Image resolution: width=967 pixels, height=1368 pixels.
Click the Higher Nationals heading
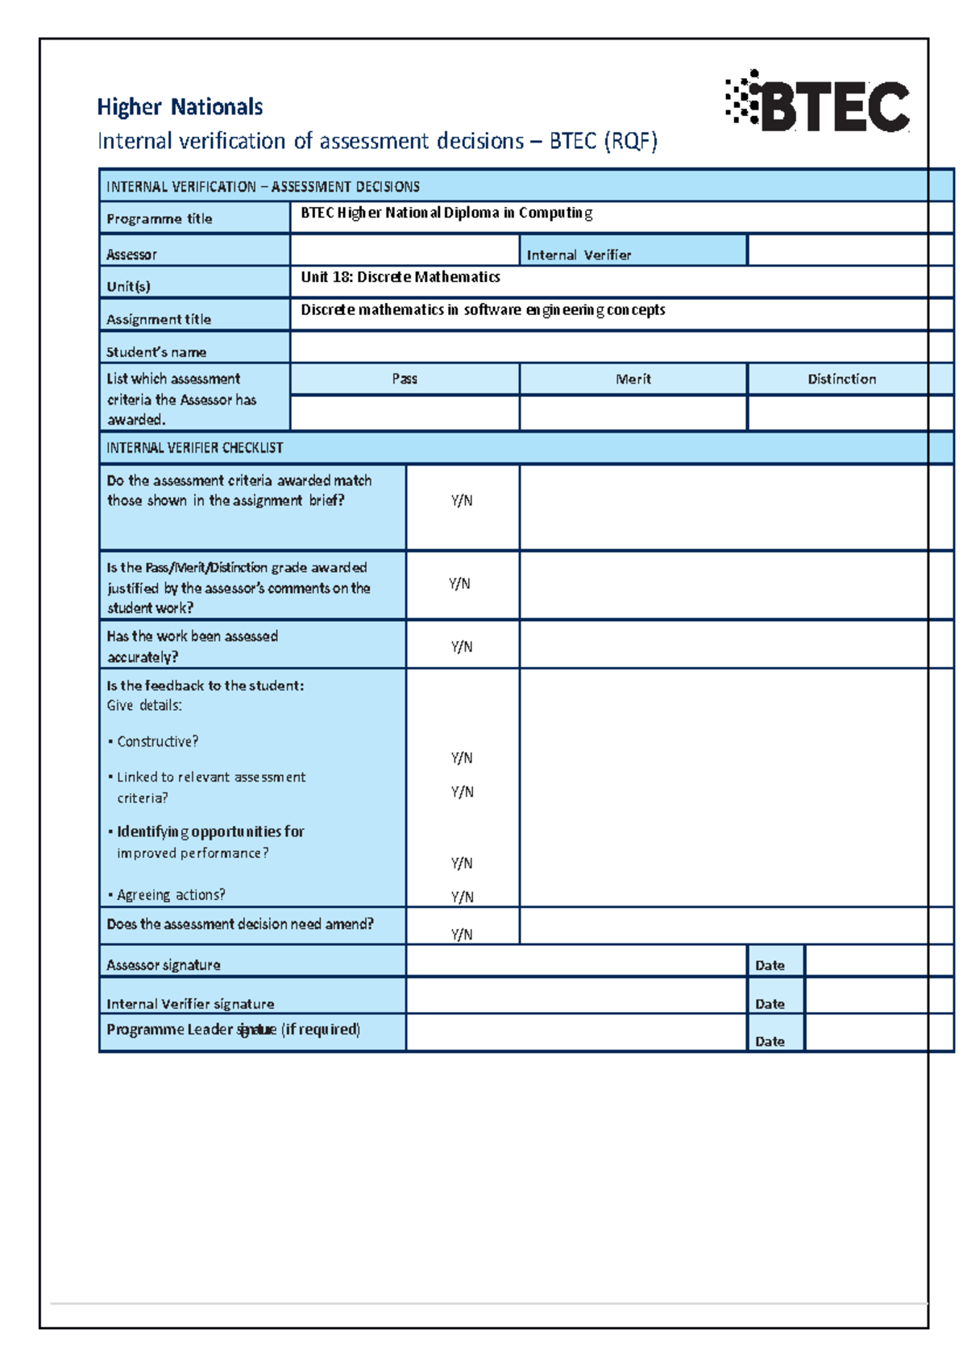[180, 107]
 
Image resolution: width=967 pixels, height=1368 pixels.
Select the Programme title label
[160, 219]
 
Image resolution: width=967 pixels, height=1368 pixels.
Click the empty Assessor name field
[404, 251]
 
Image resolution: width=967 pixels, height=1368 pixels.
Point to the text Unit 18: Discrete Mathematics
[400, 277]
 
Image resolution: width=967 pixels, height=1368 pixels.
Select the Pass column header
[405, 379]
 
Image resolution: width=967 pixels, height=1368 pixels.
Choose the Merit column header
[633, 379]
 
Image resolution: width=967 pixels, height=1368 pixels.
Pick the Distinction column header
[841, 379]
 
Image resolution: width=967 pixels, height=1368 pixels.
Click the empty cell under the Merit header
[633, 412]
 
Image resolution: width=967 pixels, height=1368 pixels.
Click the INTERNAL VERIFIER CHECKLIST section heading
[195, 448]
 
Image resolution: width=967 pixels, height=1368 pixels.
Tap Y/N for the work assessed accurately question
[462, 647]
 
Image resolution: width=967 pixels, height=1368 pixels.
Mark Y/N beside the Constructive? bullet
[462, 758]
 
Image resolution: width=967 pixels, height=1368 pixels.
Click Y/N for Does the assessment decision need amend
[462, 935]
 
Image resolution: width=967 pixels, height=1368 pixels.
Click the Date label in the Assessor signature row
[770, 965]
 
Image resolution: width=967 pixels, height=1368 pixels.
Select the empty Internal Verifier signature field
[576, 996]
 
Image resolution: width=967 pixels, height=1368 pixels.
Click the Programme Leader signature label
[233, 1030]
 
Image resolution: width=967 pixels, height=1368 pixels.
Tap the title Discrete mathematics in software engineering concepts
[483, 310]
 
